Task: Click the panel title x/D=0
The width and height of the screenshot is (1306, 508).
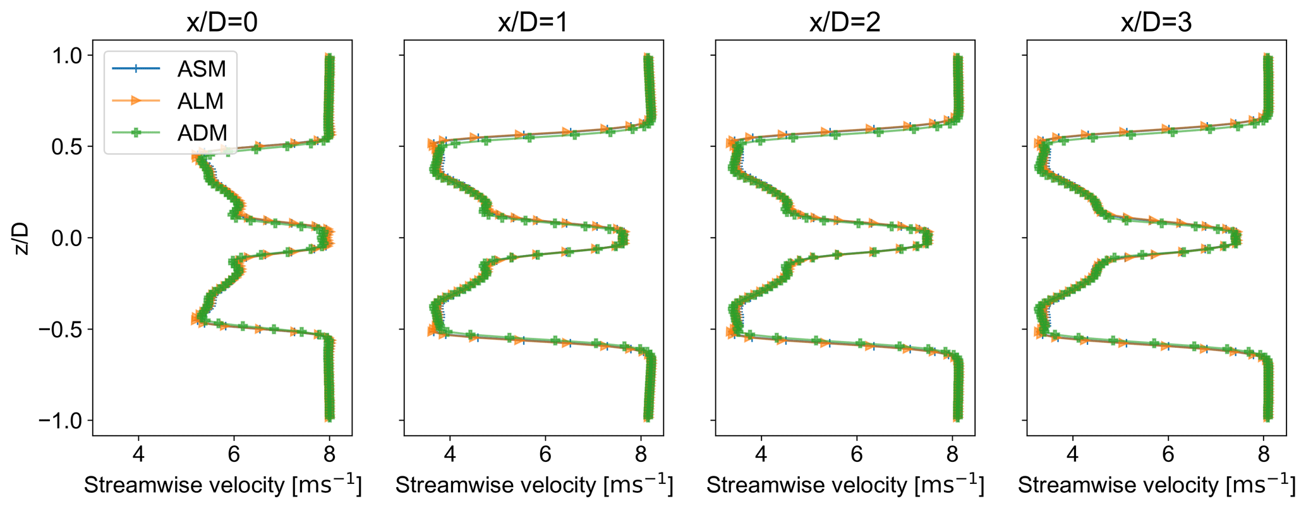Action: tap(222, 23)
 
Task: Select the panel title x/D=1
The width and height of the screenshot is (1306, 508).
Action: tap(533, 23)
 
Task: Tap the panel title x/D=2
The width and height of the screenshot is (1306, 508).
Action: tap(845, 23)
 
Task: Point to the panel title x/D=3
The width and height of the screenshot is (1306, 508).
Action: tap(1156, 23)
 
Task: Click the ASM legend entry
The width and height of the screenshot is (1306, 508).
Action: tap(202, 68)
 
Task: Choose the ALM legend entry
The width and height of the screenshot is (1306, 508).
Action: tap(201, 101)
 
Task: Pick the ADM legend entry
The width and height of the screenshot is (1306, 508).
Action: tap(202, 133)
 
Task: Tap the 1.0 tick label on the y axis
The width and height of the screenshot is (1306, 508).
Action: tap(66, 56)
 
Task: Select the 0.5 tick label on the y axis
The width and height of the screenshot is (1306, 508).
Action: tap(66, 147)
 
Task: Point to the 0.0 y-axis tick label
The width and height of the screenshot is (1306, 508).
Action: tap(66, 238)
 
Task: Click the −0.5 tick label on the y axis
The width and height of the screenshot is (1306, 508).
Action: tap(61, 329)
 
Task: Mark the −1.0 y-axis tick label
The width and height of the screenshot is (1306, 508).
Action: tap(61, 420)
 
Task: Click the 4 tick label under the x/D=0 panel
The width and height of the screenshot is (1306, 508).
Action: tap(138, 454)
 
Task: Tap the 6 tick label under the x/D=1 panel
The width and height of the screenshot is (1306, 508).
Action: tap(545, 454)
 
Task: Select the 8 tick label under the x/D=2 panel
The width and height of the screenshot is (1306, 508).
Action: tap(952, 454)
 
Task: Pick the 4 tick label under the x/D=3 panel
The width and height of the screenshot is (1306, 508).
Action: tap(1073, 454)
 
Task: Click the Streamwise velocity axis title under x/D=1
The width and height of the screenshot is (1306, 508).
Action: tap(534, 485)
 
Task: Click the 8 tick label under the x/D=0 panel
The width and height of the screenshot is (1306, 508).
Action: tap(329, 454)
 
